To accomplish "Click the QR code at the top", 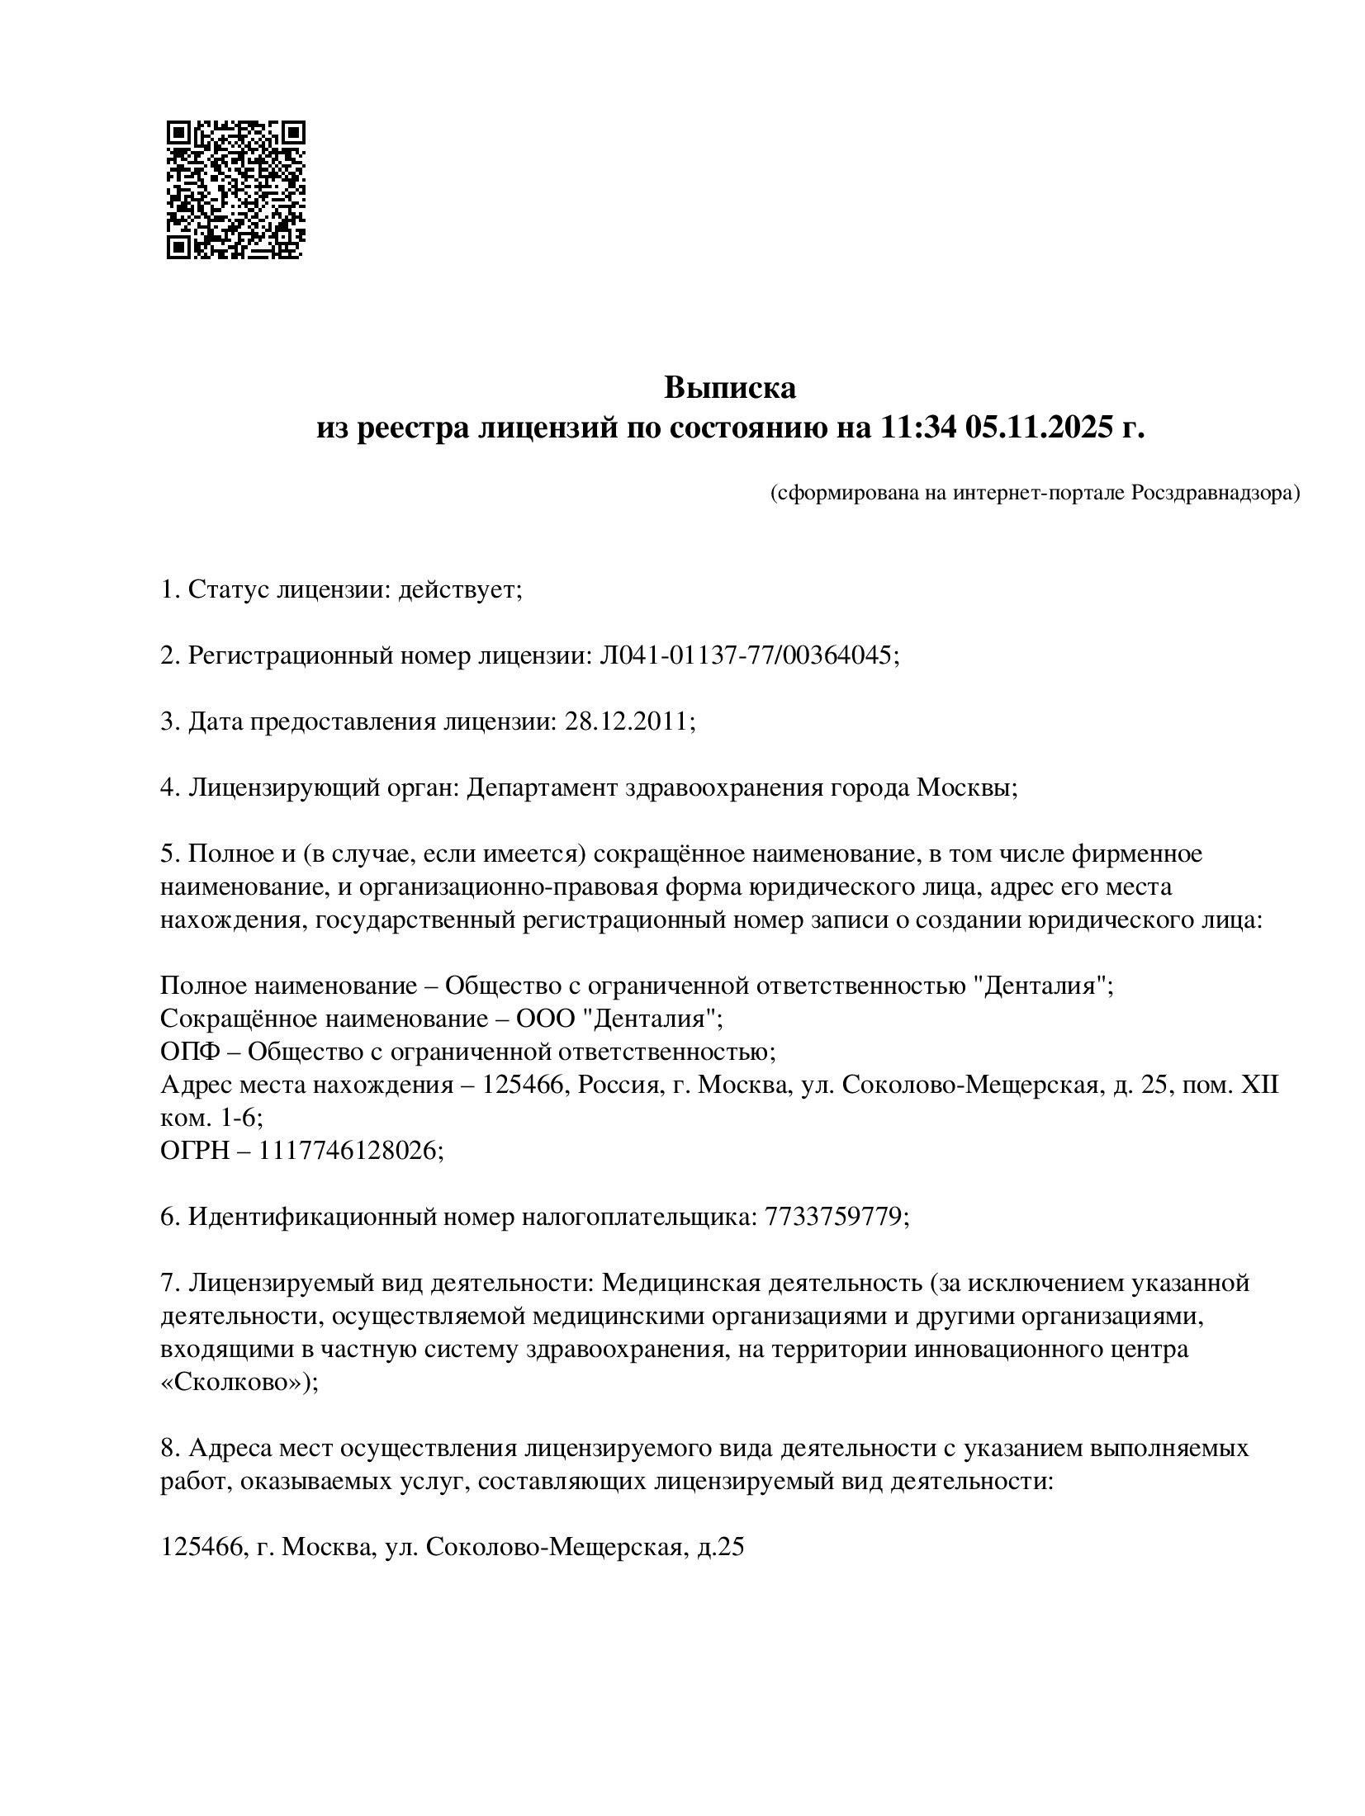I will click(x=235, y=190).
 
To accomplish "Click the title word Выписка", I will click(x=730, y=387).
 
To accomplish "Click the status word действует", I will click(x=458, y=589).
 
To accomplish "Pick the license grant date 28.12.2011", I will click(x=627, y=721).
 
